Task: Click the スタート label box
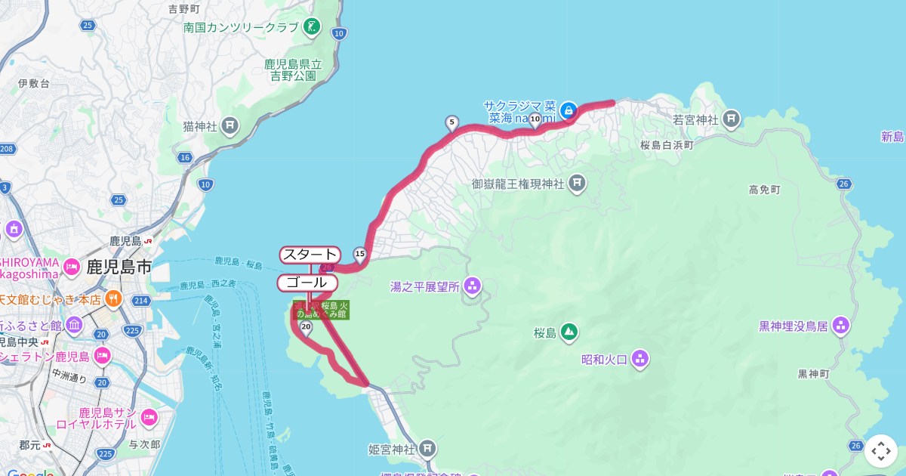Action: pyautogui.click(x=310, y=255)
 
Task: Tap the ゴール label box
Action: pyautogui.click(x=307, y=283)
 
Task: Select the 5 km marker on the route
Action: pyautogui.click(x=451, y=122)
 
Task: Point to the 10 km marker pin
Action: pyautogui.click(x=535, y=119)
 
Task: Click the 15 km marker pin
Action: pyautogui.click(x=359, y=253)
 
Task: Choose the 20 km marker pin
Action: pyautogui.click(x=305, y=327)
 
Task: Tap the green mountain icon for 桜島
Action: pyautogui.click(x=569, y=332)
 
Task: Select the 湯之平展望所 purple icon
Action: pyautogui.click(x=473, y=286)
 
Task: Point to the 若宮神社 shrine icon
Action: pyautogui.click(x=731, y=119)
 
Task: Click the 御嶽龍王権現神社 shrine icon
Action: pyautogui.click(x=578, y=183)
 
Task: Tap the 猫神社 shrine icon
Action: pyautogui.click(x=230, y=126)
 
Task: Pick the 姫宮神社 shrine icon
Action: pyautogui.click(x=428, y=450)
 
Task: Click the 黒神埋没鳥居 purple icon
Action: pyautogui.click(x=841, y=326)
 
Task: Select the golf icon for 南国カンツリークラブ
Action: pyautogui.click(x=311, y=28)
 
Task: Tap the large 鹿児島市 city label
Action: pyautogui.click(x=119, y=267)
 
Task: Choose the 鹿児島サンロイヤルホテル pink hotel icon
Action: pyautogui.click(x=149, y=418)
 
